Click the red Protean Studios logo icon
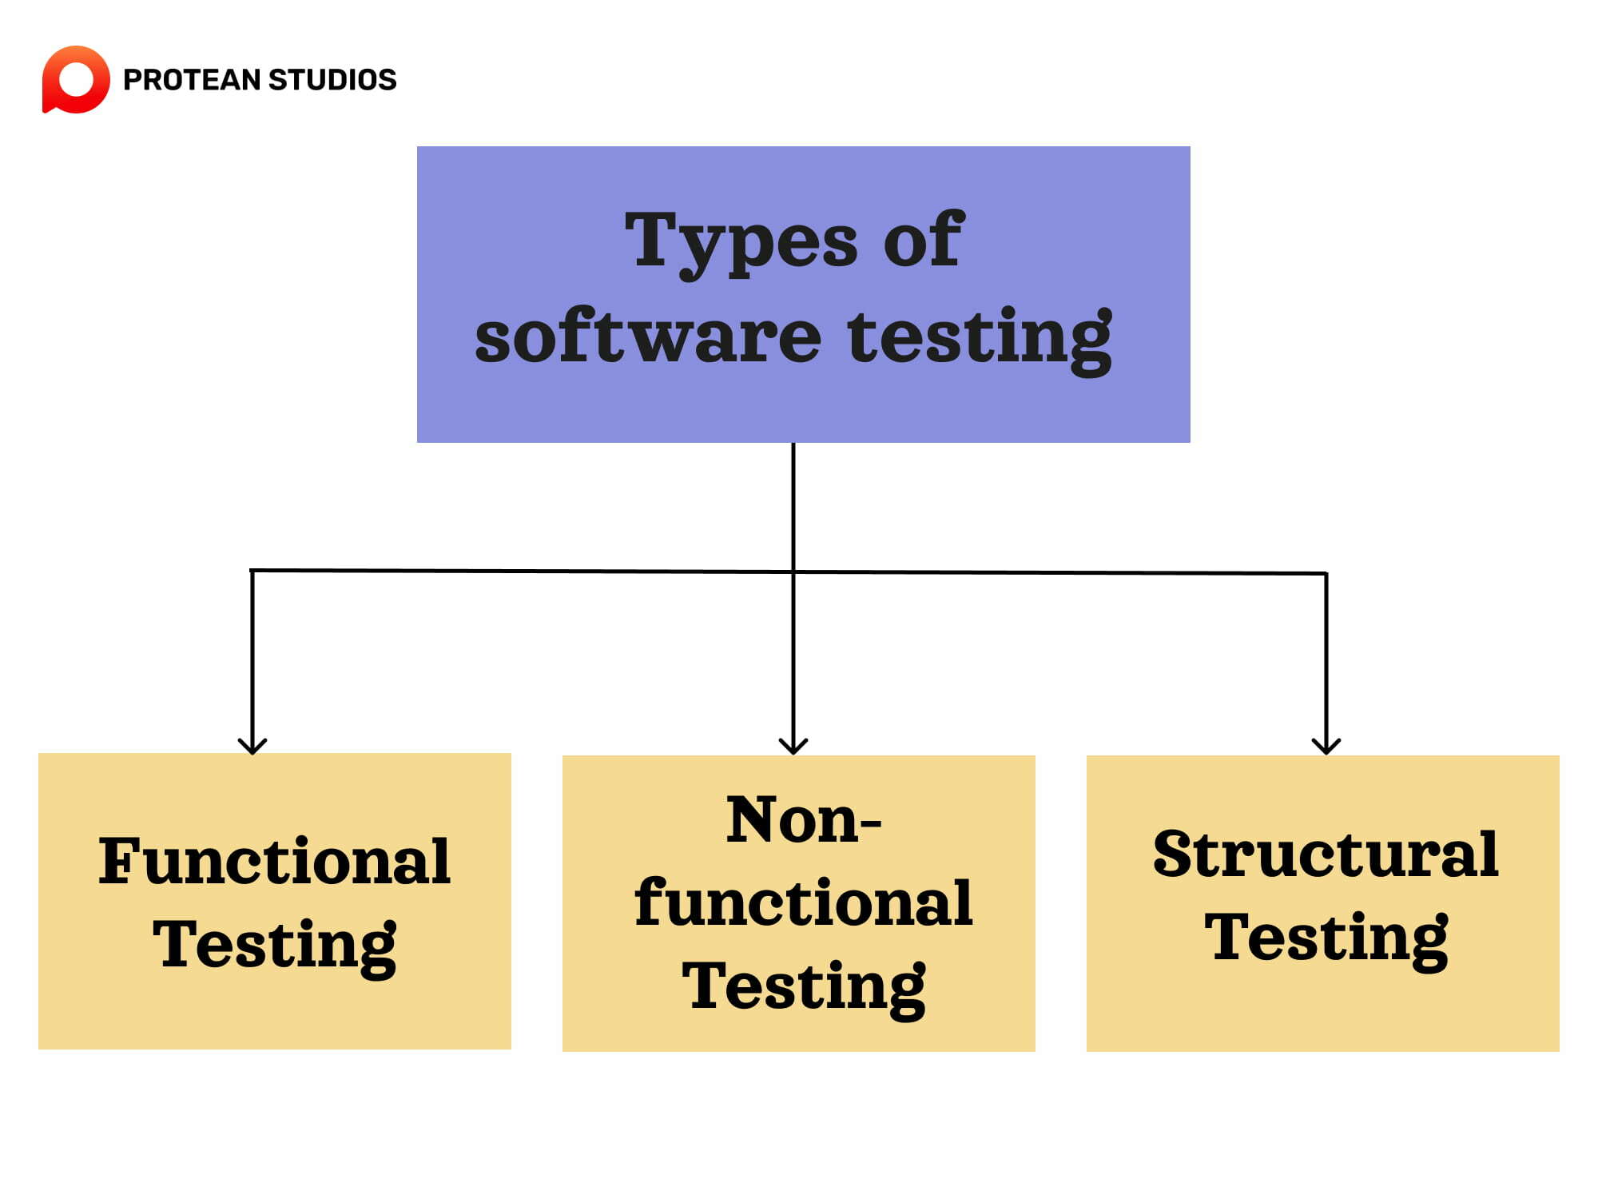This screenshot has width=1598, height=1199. tap(76, 79)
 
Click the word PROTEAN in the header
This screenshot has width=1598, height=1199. tap(192, 80)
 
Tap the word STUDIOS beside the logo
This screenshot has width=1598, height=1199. tap(332, 80)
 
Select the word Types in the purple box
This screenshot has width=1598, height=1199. tap(741, 241)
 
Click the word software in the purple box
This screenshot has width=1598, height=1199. tap(648, 337)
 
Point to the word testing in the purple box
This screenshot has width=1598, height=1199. tap(980, 339)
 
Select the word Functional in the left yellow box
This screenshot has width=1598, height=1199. tap(274, 861)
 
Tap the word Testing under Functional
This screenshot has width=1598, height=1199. tap(274, 945)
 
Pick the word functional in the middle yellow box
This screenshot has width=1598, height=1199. tap(803, 902)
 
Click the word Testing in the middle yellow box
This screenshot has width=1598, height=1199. tap(803, 986)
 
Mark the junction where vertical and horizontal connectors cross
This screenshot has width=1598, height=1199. tap(793, 572)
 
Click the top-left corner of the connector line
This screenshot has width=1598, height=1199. tap(252, 570)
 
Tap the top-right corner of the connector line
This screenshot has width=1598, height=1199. tap(1326, 573)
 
